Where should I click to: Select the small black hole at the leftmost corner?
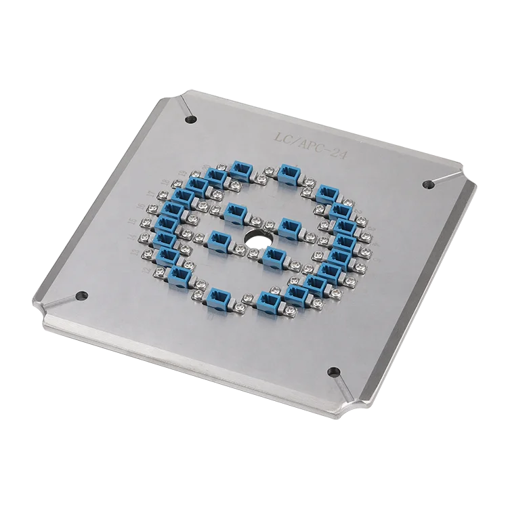tap(82, 295)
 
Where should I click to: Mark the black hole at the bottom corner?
tap(333, 371)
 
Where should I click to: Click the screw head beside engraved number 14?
tap(145, 237)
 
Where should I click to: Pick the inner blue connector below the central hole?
tap(273, 256)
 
